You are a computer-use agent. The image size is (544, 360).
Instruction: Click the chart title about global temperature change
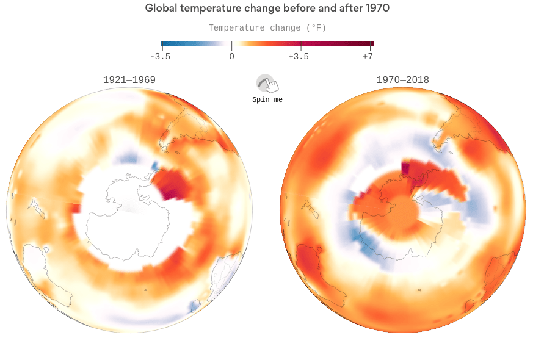[x=267, y=9]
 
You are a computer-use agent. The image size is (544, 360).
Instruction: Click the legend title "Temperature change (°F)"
[x=267, y=28]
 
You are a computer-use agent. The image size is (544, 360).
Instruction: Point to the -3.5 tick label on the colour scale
[x=160, y=56]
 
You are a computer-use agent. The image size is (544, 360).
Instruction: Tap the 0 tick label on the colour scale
[x=231, y=56]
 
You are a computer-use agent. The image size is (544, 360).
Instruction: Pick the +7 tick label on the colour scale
[x=368, y=56]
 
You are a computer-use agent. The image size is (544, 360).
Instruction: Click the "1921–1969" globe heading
[x=129, y=80]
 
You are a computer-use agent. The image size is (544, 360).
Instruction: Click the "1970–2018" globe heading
[x=402, y=80]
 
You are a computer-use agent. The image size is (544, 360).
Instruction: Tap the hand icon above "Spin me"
[x=267, y=84]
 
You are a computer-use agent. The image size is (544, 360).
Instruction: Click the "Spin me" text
[x=267, y=99]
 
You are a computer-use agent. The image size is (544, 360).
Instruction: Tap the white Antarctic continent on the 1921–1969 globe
[x=131, y=220]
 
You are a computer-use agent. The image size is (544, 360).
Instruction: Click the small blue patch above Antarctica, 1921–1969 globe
[x=126, y=159]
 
